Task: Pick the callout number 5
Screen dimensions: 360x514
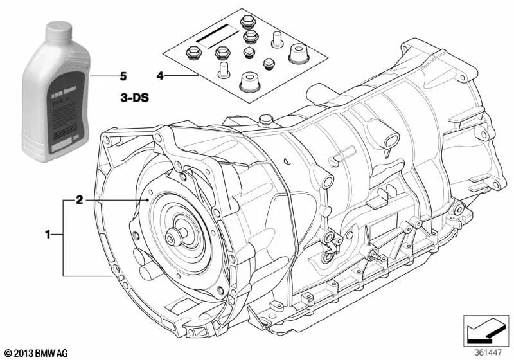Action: coord(123,76)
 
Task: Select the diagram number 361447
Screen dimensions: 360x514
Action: coord(488,353)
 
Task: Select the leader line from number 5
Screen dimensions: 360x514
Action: coord(103,76)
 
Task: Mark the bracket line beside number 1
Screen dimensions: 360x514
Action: coord(63,238)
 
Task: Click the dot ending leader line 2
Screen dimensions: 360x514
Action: coord(148,200)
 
